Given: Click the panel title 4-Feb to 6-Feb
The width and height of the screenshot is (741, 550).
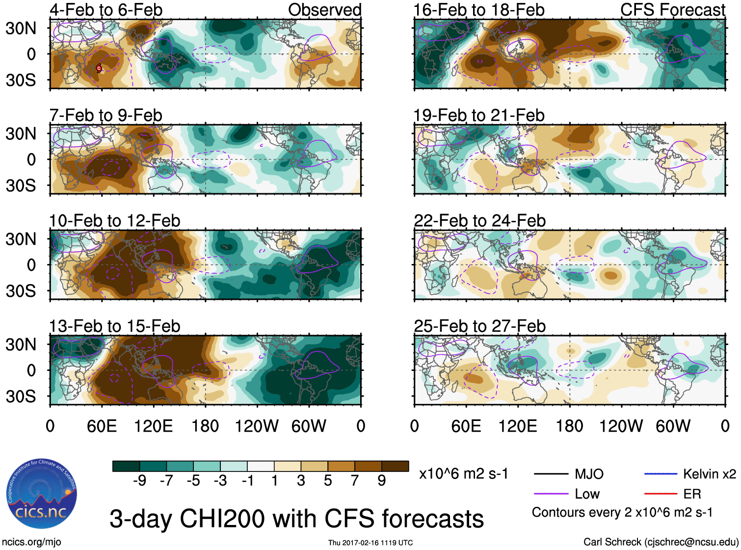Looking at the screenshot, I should [x=106, y=10].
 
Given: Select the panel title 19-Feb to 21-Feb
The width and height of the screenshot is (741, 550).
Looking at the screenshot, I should [x=479, y=115].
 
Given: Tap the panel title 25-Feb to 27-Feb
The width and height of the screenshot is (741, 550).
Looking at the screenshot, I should [x=479, y=326].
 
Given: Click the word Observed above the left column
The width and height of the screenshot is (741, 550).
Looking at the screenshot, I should [x=324, y=10].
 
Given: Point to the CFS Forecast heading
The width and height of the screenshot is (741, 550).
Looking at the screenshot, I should [x=672, y=10].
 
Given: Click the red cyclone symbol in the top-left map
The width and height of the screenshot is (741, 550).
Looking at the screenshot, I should [x=99, y=69].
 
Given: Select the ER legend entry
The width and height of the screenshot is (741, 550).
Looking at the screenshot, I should [x=692, y=494].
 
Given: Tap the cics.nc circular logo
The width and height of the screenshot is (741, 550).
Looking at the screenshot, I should [x=42, y=494].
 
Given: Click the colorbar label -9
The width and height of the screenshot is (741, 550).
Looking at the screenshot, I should [x=139, y=481].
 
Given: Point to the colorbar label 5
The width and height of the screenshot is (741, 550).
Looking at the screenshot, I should [x=328, y=481].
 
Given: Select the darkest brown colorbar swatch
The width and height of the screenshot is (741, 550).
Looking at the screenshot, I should [x=395, y=466].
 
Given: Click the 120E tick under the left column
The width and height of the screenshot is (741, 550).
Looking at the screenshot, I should [x=154, y=426].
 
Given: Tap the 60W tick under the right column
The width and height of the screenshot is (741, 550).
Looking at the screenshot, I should [x=673, y=426].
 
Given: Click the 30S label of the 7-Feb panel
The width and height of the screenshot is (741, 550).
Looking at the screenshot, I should [x=21, y=185].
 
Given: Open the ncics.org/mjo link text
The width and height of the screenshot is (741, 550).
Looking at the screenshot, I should [x=31, y=542].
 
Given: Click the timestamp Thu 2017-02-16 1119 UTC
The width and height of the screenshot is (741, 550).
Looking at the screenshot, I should [x=370, y=543].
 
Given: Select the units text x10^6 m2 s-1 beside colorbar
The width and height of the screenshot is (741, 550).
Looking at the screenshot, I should [x=463, y=474].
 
